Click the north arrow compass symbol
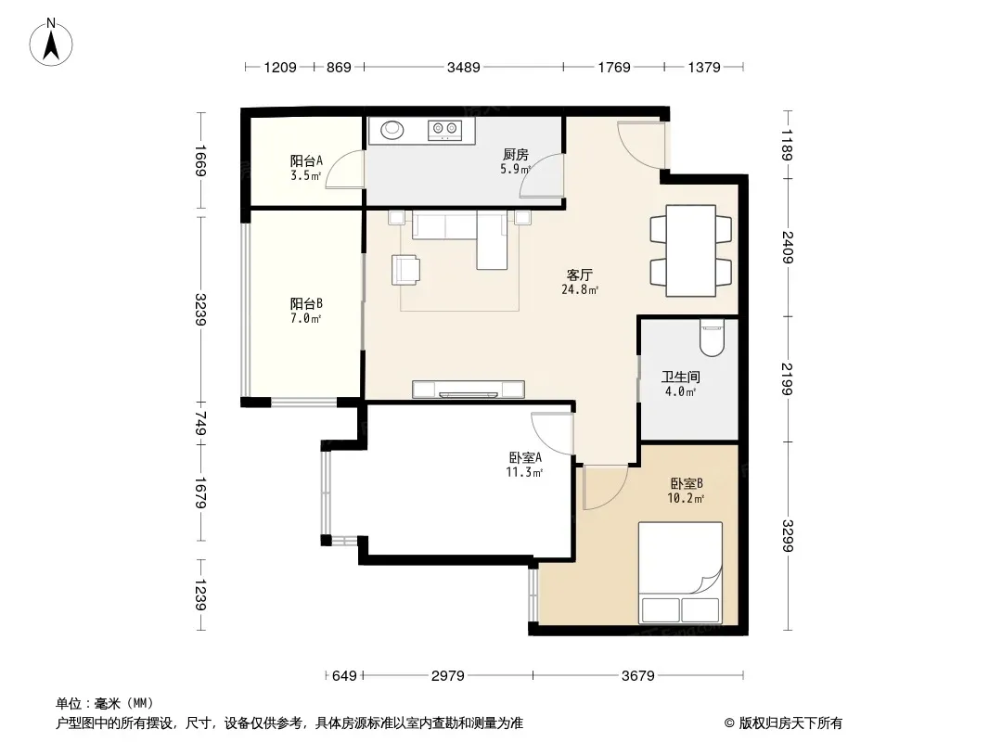point(51,42)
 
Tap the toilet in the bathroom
point(712,338)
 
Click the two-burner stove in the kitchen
point(444,130)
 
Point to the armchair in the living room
point(406,270)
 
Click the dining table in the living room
point(690,250)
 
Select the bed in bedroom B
point(680,571)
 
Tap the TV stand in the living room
point(468,389)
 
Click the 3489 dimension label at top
point(464,67)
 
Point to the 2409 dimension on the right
point(788,247)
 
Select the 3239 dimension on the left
point(200,310)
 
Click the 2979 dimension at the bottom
point(448,676)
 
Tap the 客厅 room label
point(579,275)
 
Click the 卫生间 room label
point(681,377)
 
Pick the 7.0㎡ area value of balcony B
point(306,318)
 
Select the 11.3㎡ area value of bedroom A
point(524,472)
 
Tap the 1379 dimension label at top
point(704,67)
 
